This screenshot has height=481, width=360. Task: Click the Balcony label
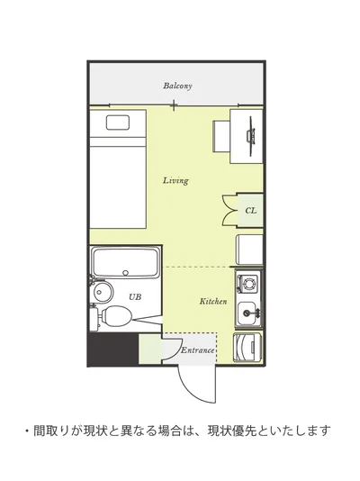coord(177,86)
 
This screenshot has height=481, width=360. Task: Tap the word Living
coord(175,180)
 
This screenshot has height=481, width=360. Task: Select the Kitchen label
coord(213,301)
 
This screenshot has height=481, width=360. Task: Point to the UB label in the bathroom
coord(135,296)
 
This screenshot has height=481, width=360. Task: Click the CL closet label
coord(250,211)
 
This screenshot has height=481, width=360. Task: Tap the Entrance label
coord(198,350)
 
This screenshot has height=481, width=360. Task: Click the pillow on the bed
coord(118,123)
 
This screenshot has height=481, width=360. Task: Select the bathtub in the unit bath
coord(126,263)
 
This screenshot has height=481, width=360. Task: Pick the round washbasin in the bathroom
coord(103,291)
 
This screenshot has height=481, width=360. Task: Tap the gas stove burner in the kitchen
coord(248,282)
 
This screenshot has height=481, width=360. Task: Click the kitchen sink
coord(248,313)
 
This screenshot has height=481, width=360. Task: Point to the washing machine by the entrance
coord(247,347)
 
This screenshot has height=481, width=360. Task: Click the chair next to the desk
coord(221,136)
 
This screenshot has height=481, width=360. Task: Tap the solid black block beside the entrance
coord(114,349)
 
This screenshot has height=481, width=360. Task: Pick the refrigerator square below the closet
coord(249,250)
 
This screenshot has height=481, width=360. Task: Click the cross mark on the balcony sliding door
coord(174,105)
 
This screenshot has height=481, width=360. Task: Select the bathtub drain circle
coord(125,272)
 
